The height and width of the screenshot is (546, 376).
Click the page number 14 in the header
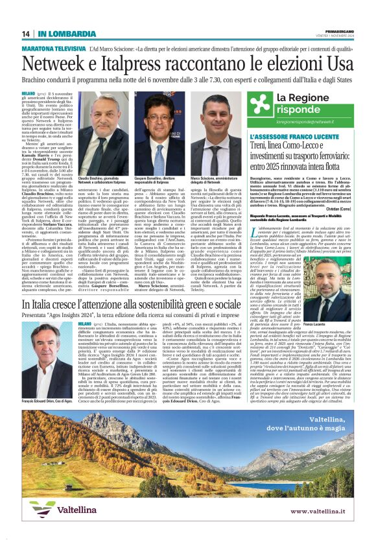[x=26, y=34]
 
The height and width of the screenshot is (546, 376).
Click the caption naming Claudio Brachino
[x=103, y=180]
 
